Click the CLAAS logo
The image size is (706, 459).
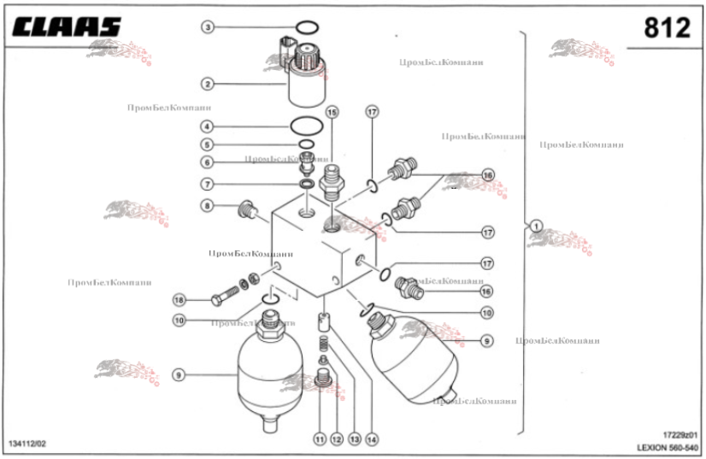click(x=66, y=28)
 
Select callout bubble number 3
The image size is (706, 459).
click(x=208, y=27)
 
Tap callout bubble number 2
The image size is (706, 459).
click(x=208, y=84)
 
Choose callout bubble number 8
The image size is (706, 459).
click(x=208, y=205)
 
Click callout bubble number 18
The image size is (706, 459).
click(x=179, y=300)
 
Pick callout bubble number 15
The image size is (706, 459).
click(x=332, y=112)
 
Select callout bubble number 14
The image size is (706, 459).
click(x=371, y=439)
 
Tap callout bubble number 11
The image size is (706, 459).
click(x=319, y=439)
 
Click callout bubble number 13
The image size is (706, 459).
click(x=353, y=439)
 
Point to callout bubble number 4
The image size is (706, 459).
click(x=208, y=126)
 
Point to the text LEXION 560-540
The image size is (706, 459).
click(x=668, y=447)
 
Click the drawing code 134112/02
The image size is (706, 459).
click(x=27, y=443)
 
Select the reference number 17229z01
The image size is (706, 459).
click(x=680, y=434)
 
